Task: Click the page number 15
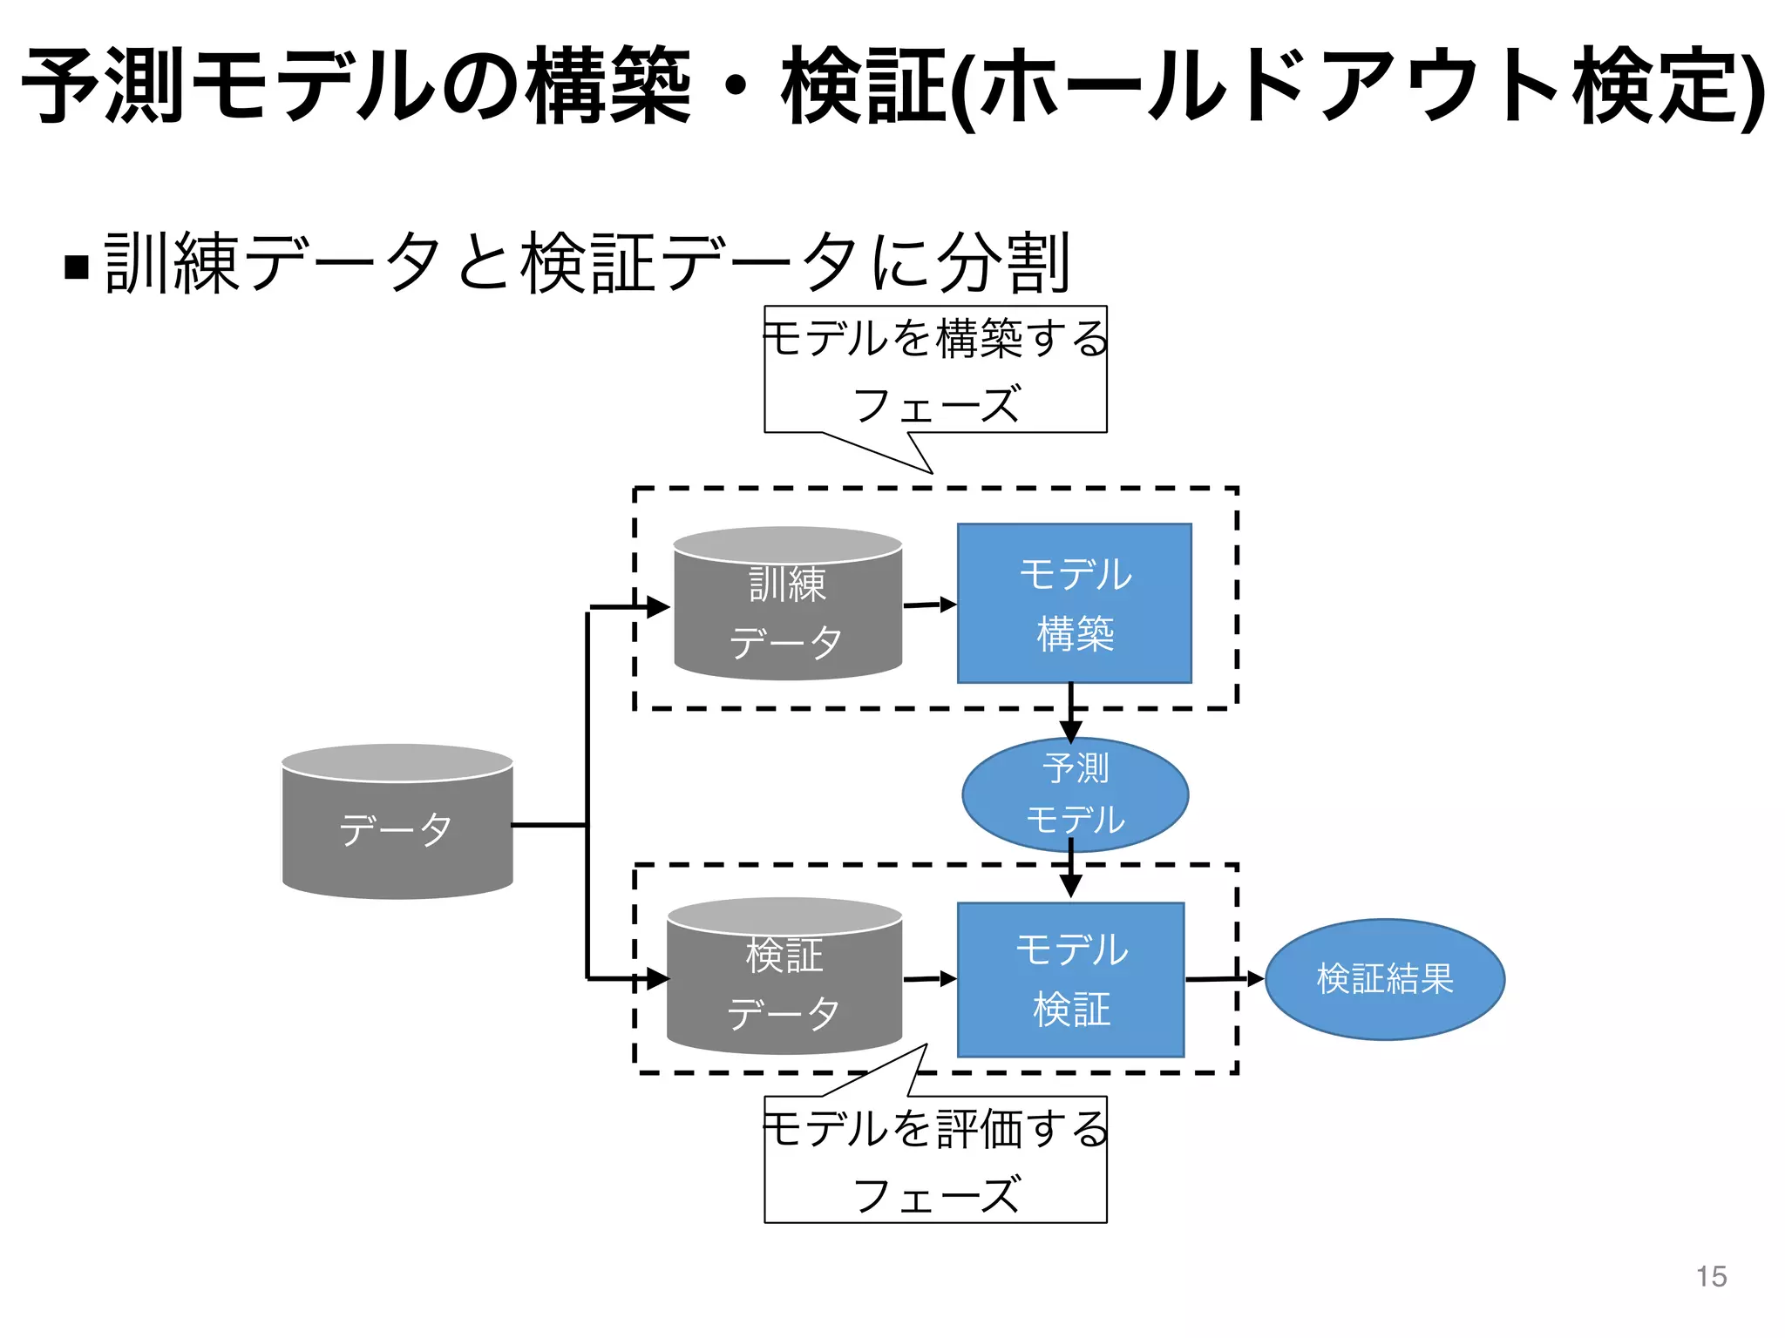pyautogui.click(x=1711, y=1276)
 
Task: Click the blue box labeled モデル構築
pyautogui.click(x=1074, y=603)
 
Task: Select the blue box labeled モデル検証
pyautogui.click(x=1070, y=979)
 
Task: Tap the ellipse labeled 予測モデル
pyautogui.click(x=1075, y=794)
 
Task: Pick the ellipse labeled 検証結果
pyautogui.click(x=1384, y=979)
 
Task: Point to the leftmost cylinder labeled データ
pyautogui.click(x=397, y=828)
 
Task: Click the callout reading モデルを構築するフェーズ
pyautogui.click(x=935, y=370)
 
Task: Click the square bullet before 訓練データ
pyautogui.click(x=78, y=266)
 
